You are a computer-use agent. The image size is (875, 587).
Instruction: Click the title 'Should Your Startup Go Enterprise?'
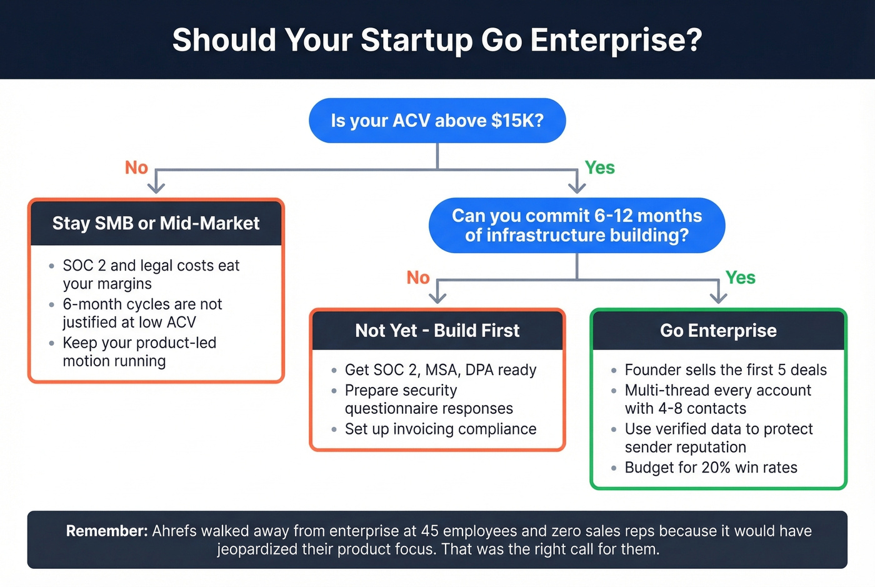click(437, 40)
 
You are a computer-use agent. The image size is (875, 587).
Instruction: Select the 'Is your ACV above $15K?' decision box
click(437, 121)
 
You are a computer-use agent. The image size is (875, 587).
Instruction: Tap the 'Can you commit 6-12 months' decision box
click(576, 225)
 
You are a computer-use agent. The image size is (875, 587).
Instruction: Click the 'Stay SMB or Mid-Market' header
click(156, 223)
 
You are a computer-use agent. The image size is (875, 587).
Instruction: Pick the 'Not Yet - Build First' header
click(437, 331)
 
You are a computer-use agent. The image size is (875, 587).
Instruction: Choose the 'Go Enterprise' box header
click(718, 331)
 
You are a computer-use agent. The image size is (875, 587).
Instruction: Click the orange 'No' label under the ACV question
click(136, 168)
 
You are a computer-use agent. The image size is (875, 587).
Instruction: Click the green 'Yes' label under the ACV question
click(599, 168)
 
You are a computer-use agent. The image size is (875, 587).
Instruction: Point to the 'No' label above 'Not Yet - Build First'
click(418, 278)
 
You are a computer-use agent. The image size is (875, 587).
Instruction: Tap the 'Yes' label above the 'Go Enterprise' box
click(740, 278)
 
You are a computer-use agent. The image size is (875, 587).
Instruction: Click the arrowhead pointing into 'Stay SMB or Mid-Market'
click(156, 187)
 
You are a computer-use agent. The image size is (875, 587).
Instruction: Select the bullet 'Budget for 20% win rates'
click(711, 468)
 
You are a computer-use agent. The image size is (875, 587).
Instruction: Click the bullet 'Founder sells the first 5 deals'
click(725, 370)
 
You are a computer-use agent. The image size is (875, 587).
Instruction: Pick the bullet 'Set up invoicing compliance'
click(440, 429)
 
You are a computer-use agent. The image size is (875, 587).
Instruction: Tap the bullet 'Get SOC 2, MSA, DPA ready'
click(440, 370)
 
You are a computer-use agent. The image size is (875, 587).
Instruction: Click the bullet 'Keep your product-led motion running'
click(139, 352)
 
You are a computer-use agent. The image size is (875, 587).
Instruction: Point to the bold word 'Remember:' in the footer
click(107, 531)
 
